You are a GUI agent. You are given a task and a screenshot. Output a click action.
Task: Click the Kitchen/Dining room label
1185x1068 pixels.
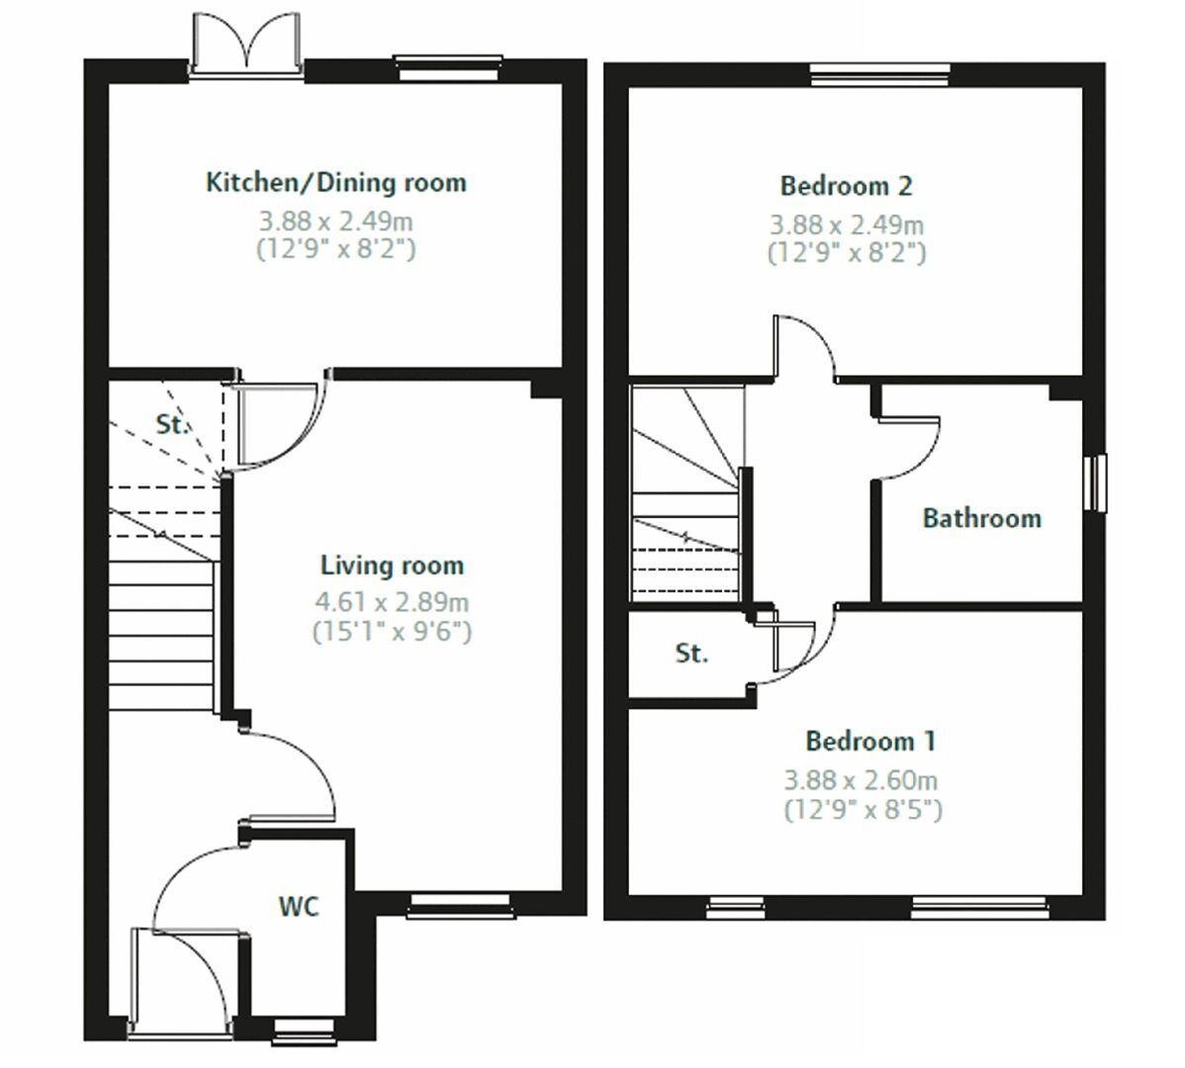point(335,183)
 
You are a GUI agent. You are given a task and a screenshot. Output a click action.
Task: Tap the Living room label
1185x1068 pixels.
point(392,566)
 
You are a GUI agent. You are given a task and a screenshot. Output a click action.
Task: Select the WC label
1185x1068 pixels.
point(298,906)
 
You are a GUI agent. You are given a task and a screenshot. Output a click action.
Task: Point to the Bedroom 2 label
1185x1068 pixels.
point(846,186)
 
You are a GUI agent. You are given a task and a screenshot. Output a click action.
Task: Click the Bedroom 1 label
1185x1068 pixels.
point(870,741)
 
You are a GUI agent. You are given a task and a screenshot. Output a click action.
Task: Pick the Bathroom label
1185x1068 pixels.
point(981,518)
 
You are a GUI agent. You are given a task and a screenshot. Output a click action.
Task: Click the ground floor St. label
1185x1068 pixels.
point(172,425)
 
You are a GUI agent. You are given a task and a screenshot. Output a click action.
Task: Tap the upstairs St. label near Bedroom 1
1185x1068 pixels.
point(691,654)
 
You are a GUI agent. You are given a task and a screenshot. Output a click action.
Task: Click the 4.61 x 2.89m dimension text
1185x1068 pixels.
point(392,601)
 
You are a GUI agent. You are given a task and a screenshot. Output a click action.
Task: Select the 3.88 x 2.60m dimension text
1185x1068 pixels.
point(862,780)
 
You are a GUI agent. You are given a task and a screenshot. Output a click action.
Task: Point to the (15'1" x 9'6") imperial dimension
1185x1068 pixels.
point(392,630)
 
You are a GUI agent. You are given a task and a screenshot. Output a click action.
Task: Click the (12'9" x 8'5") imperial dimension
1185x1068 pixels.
point(863,811)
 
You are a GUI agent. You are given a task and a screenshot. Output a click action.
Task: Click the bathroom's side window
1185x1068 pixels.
point(1097,485)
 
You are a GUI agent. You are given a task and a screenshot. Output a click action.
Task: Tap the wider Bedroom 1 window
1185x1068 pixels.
point(978,905)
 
